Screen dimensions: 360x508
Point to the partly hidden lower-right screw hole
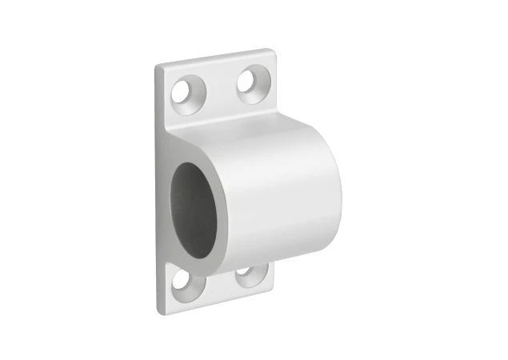(x=246, y=278)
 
